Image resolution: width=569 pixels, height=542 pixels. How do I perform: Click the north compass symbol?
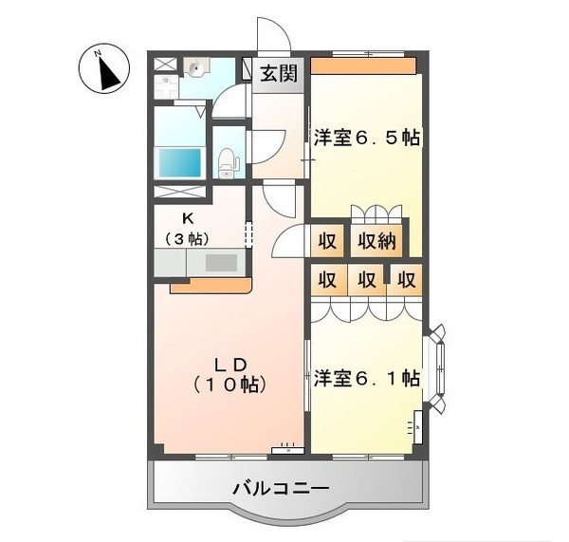(x=107, y=69)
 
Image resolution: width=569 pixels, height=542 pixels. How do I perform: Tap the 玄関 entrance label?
(x=278, y=73)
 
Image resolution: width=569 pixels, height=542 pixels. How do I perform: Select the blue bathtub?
(x=180, y=161)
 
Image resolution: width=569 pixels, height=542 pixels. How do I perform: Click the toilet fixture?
(x=228, y=163)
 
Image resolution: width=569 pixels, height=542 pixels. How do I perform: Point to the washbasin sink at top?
(x=197, y=68)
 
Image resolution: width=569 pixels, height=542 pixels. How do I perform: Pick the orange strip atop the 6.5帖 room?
(x=364, y=66)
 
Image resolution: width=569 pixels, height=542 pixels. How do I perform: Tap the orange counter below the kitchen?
(x=211, y=284)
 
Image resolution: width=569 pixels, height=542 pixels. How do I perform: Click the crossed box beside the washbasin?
(x=165, y=65)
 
